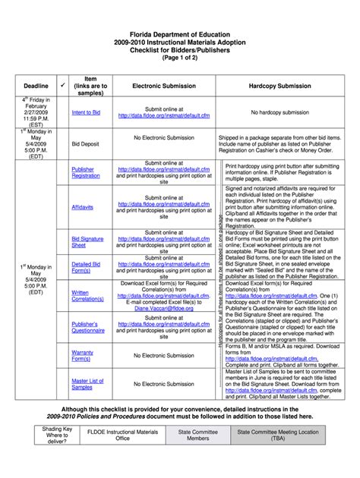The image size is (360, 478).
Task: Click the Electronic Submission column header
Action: point(164,86)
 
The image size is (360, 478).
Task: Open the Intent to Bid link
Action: point(86,112)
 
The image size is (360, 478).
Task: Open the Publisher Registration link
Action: point(85,172)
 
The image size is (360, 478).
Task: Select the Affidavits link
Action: point(83,206)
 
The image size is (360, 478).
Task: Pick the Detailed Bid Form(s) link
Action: point(86,267)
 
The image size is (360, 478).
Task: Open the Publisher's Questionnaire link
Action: point(88,327)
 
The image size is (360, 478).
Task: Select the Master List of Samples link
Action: point(87,384)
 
